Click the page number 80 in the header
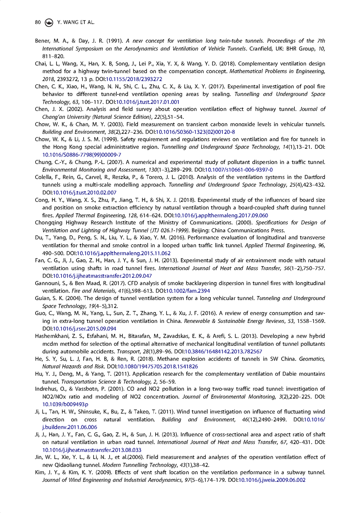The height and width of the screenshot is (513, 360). [x=38, y=22]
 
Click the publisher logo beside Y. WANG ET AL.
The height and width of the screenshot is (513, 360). [x=48, y=22]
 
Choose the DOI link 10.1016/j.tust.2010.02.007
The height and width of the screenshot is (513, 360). [x=78, y=192]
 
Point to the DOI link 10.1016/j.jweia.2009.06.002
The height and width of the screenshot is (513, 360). [x=272, y=479]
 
